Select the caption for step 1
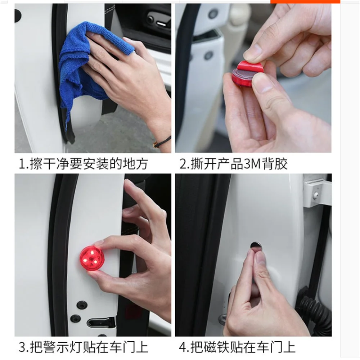click(83, 164)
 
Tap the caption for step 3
click(84, 347)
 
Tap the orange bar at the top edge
click(305, 1)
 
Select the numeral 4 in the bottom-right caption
click(183, 347)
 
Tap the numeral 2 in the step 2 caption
click(183, 164)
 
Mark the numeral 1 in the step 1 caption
click(22, 164)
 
